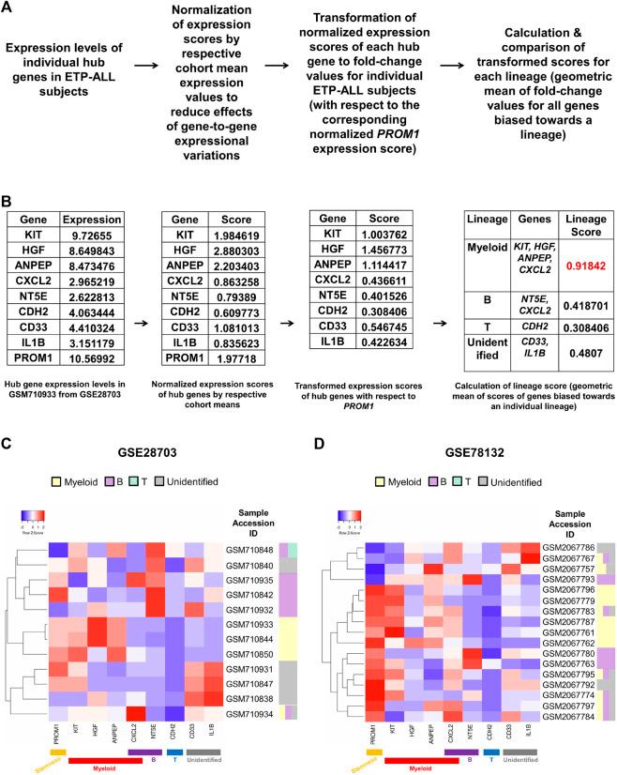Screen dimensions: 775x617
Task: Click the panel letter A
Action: [x=8, y=8]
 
